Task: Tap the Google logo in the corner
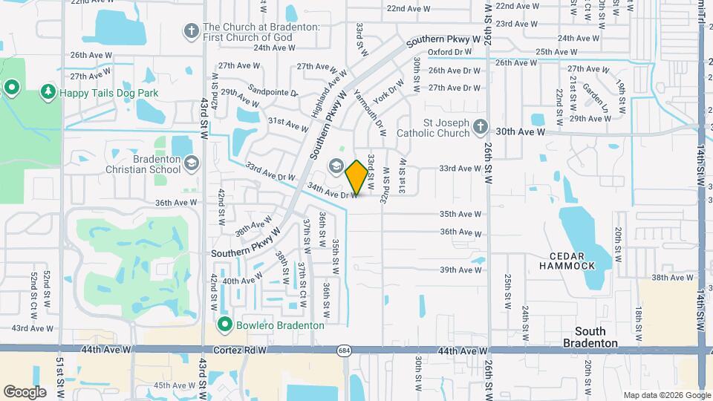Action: point(25,391)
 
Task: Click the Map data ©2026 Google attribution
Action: point(666,395)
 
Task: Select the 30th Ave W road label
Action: point(521,131)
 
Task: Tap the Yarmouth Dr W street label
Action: point(370,112)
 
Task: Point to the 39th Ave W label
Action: point(460,270)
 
